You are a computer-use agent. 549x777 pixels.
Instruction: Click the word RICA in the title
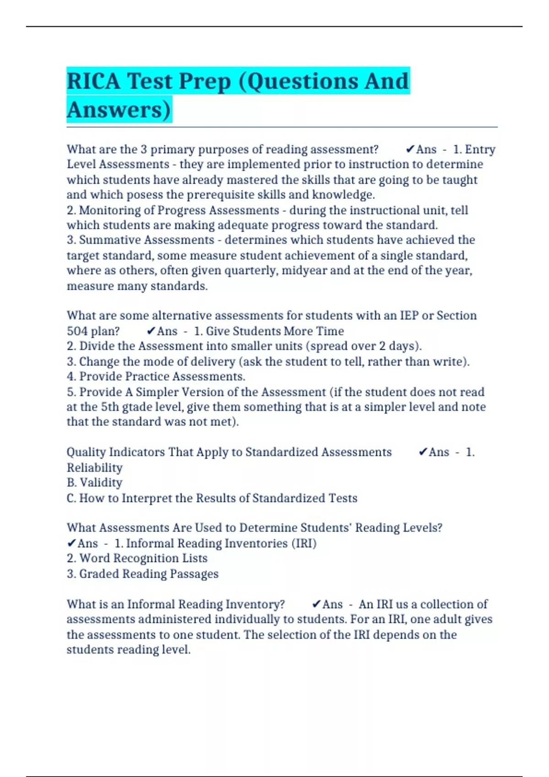point(94,81)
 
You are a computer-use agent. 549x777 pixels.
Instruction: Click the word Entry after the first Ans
point(480,149)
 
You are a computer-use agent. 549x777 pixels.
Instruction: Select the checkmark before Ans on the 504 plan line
point(151,331)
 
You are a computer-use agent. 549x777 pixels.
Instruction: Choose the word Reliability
point(95,468)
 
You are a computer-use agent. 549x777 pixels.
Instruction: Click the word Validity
point(101,483)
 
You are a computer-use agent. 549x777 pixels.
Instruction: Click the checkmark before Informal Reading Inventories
point(71,543)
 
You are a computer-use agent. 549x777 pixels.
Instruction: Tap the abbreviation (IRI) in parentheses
point(304,543)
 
